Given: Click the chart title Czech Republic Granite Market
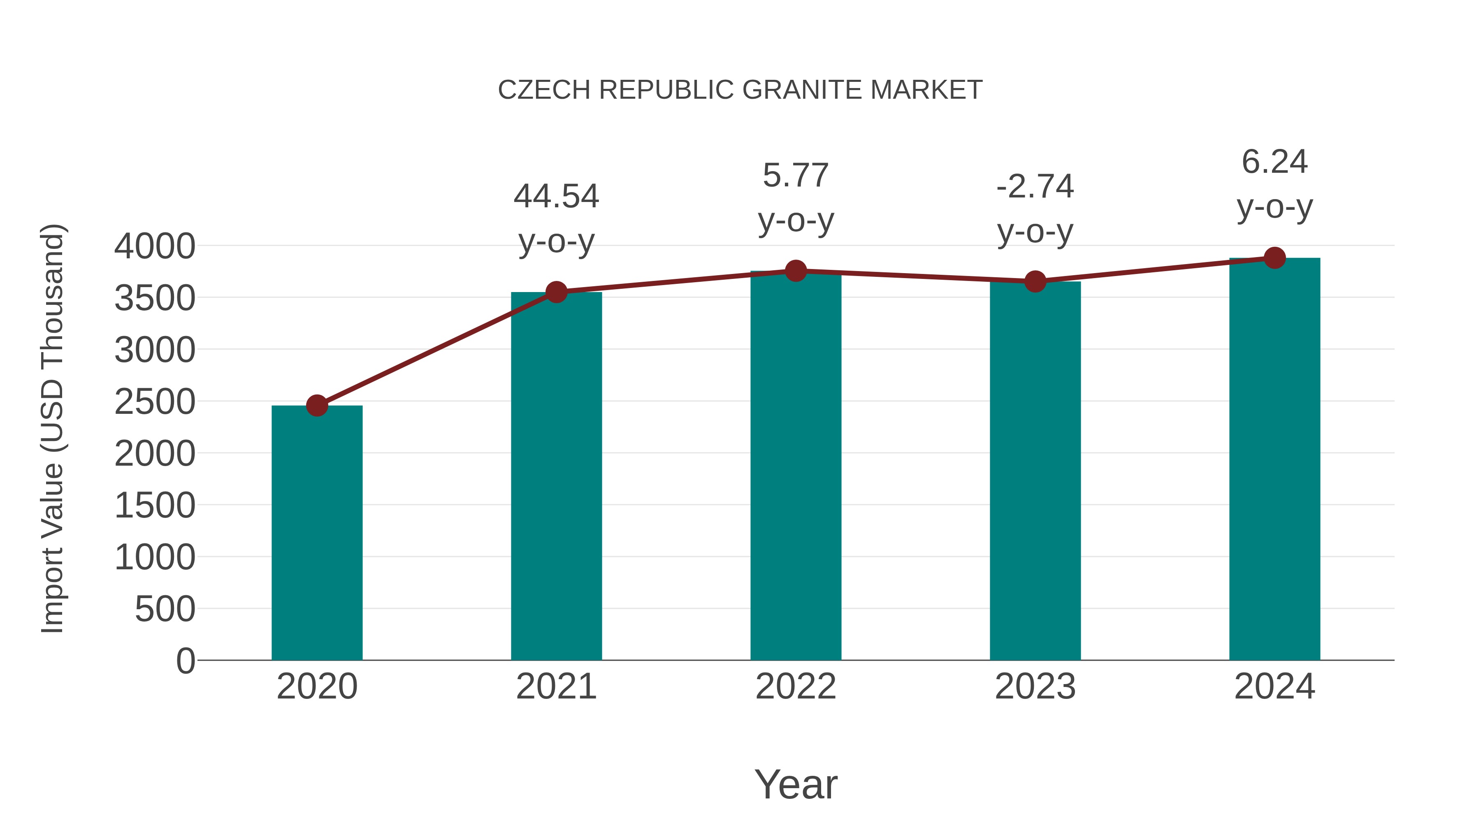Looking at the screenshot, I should click(x=740, y=90).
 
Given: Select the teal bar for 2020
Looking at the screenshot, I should click(x=317, y=535).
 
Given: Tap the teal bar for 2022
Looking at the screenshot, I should click(x=796, y=466).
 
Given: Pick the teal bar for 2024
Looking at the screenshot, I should click(x=1274, y=460).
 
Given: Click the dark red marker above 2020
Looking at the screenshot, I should click(x=317, y=405).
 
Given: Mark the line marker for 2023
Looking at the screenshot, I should click(x=1035, y=281).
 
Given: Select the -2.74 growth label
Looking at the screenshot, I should click(x=1035, y=208).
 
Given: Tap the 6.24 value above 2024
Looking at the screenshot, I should click(x=1274, y=162).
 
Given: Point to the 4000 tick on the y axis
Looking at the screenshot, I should click(x=155, y=246).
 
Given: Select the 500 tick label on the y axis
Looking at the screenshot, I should click(x=165, y=609).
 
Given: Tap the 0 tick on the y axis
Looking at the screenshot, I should click(x=185, y=661).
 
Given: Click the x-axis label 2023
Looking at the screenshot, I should click(x=1035, y=687).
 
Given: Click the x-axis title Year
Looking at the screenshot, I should click(x=796, y=784).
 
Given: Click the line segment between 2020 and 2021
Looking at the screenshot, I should click(x=437, y=349).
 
